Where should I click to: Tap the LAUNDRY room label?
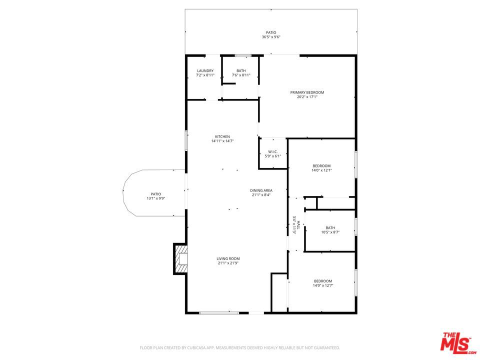pyautogui.click(x=205, y=70)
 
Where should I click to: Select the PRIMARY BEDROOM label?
pyautogui.click(x=307, y=92)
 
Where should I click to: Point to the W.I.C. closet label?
pyautogui.click(x=273, y=152)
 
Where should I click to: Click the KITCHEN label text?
pyautogui.click(x=222, y=136)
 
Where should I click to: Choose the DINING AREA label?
pyautogui.click(x=261, y=190)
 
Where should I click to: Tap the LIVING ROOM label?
pyautogui.click(x=228, y=258)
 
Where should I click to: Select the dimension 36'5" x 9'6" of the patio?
pyautogui.click(x=271, y=37)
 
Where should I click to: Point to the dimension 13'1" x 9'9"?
pyautogui.click(x=156, y=198)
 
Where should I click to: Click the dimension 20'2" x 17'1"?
pyautogui.click(x=307, y=96)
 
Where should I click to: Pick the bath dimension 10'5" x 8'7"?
pyautogui.click(x=330, y=232)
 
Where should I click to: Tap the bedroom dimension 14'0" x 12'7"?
pyautogui.click(x=323, y=285)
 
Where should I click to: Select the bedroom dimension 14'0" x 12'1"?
pyautogui.click(x=321, y=170)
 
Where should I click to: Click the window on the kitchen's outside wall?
pyautogui.click(x=186, y=140)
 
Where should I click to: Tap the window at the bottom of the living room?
pyautogui.click(x=219, y=313)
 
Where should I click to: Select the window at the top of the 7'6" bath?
pyautogui.click(x=243, y=55)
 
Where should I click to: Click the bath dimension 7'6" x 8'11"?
pyautogui.click(x=241, y=75)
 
